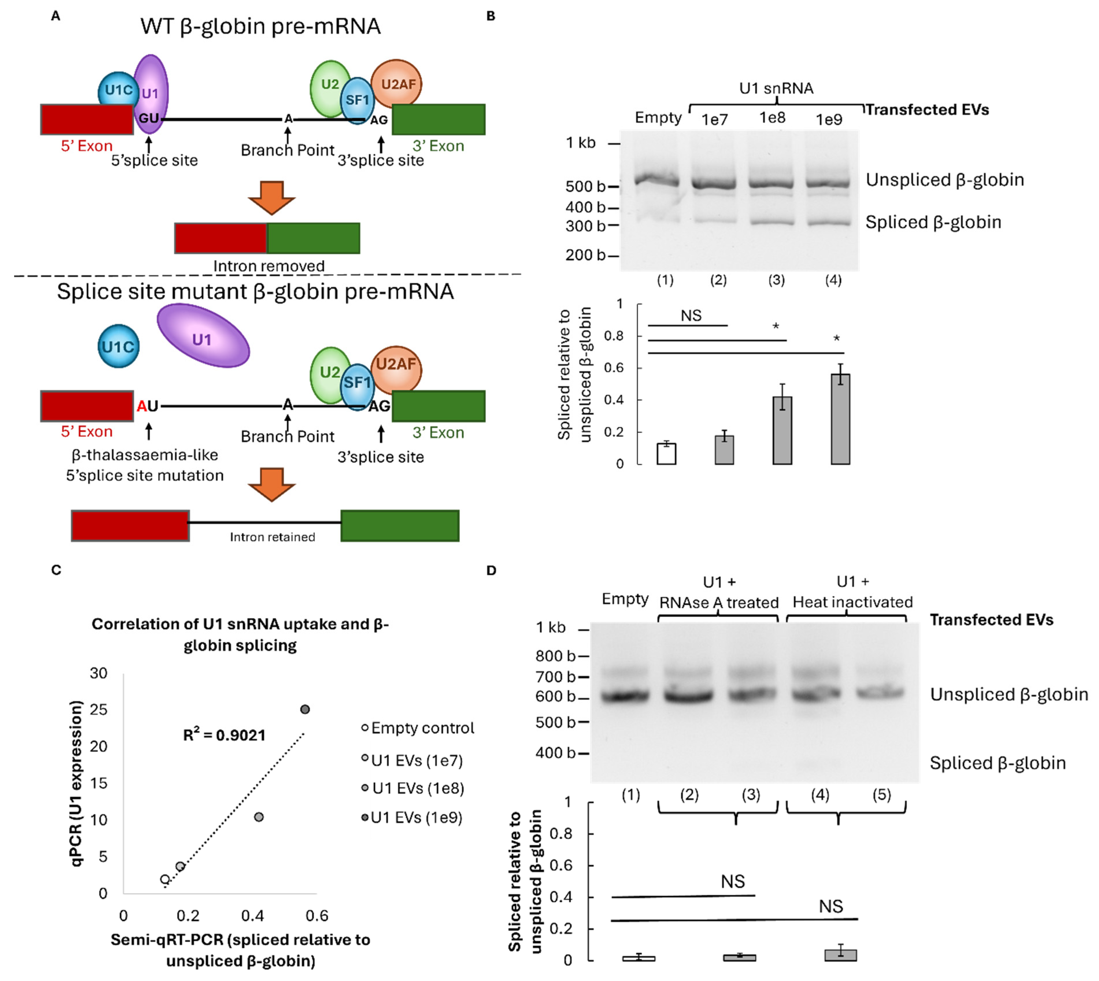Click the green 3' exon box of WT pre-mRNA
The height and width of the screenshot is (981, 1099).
(x=438, y=119)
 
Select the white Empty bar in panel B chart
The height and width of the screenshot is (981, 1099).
(x=666, y=453)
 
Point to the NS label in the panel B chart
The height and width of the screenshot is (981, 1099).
(x=691, y=316)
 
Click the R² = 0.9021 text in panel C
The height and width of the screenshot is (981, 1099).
(x=224, y=735)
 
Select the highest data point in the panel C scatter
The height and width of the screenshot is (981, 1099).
(x=305, y=709)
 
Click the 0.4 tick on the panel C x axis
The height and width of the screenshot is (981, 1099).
(x=252, y=915)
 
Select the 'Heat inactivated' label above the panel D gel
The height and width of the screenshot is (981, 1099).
(x=852, y=602)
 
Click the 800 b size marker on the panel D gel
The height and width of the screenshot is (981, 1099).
(x=555, y=656)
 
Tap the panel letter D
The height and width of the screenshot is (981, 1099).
(x=491, y=570)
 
